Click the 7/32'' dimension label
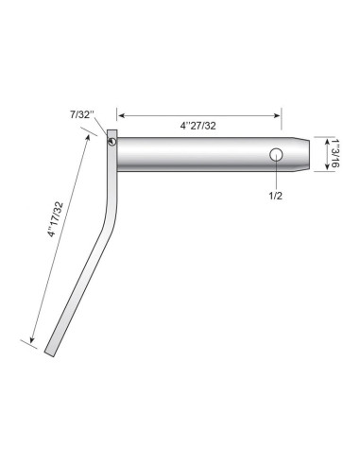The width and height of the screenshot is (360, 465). (82, 114)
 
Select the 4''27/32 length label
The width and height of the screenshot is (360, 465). (198, 126)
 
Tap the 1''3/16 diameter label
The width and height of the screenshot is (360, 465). (335, 153)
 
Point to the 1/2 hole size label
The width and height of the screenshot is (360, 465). (276, 196)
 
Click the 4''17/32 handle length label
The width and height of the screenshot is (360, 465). (56, 219)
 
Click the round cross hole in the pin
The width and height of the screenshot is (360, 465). (276, 154)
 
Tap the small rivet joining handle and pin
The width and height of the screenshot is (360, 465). (111, 142)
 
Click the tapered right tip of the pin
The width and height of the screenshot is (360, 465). (310, 154)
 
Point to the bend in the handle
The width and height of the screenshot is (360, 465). (111, 217)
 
